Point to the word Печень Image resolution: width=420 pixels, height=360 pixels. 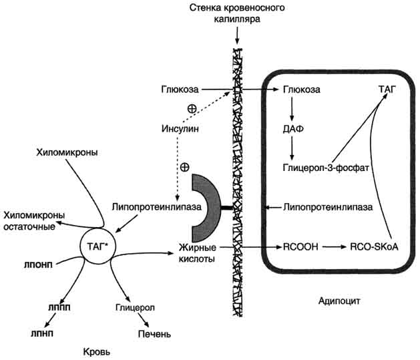click(x=154, y=333)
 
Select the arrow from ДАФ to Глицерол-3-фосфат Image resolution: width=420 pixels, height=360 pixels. click(x=292, y=146)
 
